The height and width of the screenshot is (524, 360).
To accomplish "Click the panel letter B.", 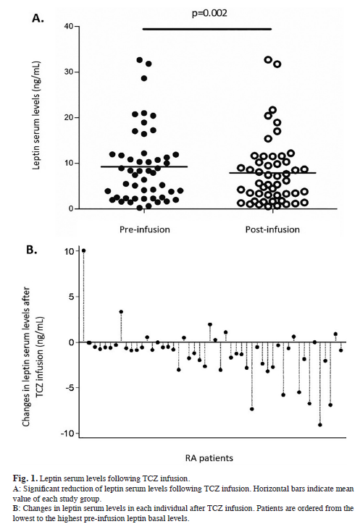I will pyautogui.click(x=33, y=250).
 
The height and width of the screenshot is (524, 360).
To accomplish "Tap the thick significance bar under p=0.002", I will pyautogui.click(x=206, y=29).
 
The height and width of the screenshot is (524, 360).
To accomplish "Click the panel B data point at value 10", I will pyautogui.click(x=83, y=250).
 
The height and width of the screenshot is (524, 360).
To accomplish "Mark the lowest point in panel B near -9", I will pyautogui.click(x=319, y=424).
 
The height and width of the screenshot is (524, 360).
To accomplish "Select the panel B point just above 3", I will pyautogui.click(x=121, y=312).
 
